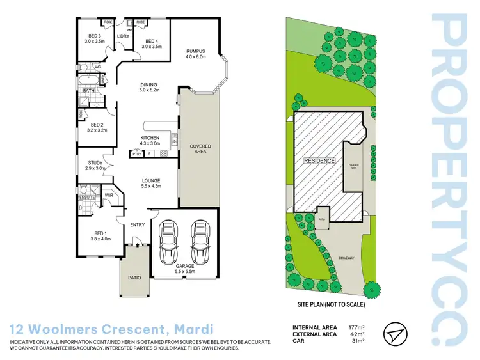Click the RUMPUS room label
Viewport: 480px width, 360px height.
click(x=196, y=51)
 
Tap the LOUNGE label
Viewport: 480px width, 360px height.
click(x=151, y=180)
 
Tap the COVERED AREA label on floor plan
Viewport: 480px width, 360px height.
click(x=200, y=149)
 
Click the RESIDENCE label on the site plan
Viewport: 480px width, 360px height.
click(x=319, y=161)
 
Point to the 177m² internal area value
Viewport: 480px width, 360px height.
click(x=356, y=326)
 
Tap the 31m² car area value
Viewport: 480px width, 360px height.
click(x=358, y=340)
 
